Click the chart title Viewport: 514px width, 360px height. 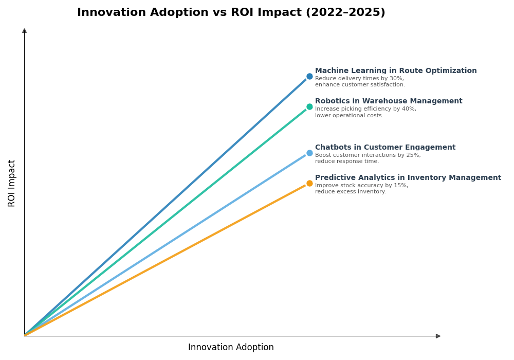(x=231, y=13)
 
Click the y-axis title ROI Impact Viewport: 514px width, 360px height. (x=12, y=183)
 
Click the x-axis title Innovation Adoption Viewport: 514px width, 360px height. (x=231, y=348)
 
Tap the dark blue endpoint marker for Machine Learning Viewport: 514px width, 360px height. (x=309, y=77)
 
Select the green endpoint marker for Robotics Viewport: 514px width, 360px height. (x=309, y=107)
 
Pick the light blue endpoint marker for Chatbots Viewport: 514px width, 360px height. (x=309, y=153)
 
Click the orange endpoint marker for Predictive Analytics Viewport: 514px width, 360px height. (x=309, y=184)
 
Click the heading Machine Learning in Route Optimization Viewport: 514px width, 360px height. (x=396, y=71)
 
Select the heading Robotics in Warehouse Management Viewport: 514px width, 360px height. (x=389, y=101)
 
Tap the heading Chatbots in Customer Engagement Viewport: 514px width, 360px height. (x=385, y=148)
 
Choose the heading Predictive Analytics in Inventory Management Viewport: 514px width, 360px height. (x=408, y=178)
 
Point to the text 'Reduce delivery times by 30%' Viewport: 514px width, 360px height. (x=359, y=79)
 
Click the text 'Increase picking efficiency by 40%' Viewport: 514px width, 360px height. (x=365, y=109)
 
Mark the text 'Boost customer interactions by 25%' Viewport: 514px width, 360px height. (x=368, y=155)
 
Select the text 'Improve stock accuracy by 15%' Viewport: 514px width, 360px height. (x=361, y=186)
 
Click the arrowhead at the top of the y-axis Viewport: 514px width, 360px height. (x=24, y=31)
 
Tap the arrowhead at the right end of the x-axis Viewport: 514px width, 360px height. (x=438, y=336)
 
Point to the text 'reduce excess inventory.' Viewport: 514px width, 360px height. (x=350, y=192)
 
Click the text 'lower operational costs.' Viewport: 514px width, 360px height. (x=349, y=116)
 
